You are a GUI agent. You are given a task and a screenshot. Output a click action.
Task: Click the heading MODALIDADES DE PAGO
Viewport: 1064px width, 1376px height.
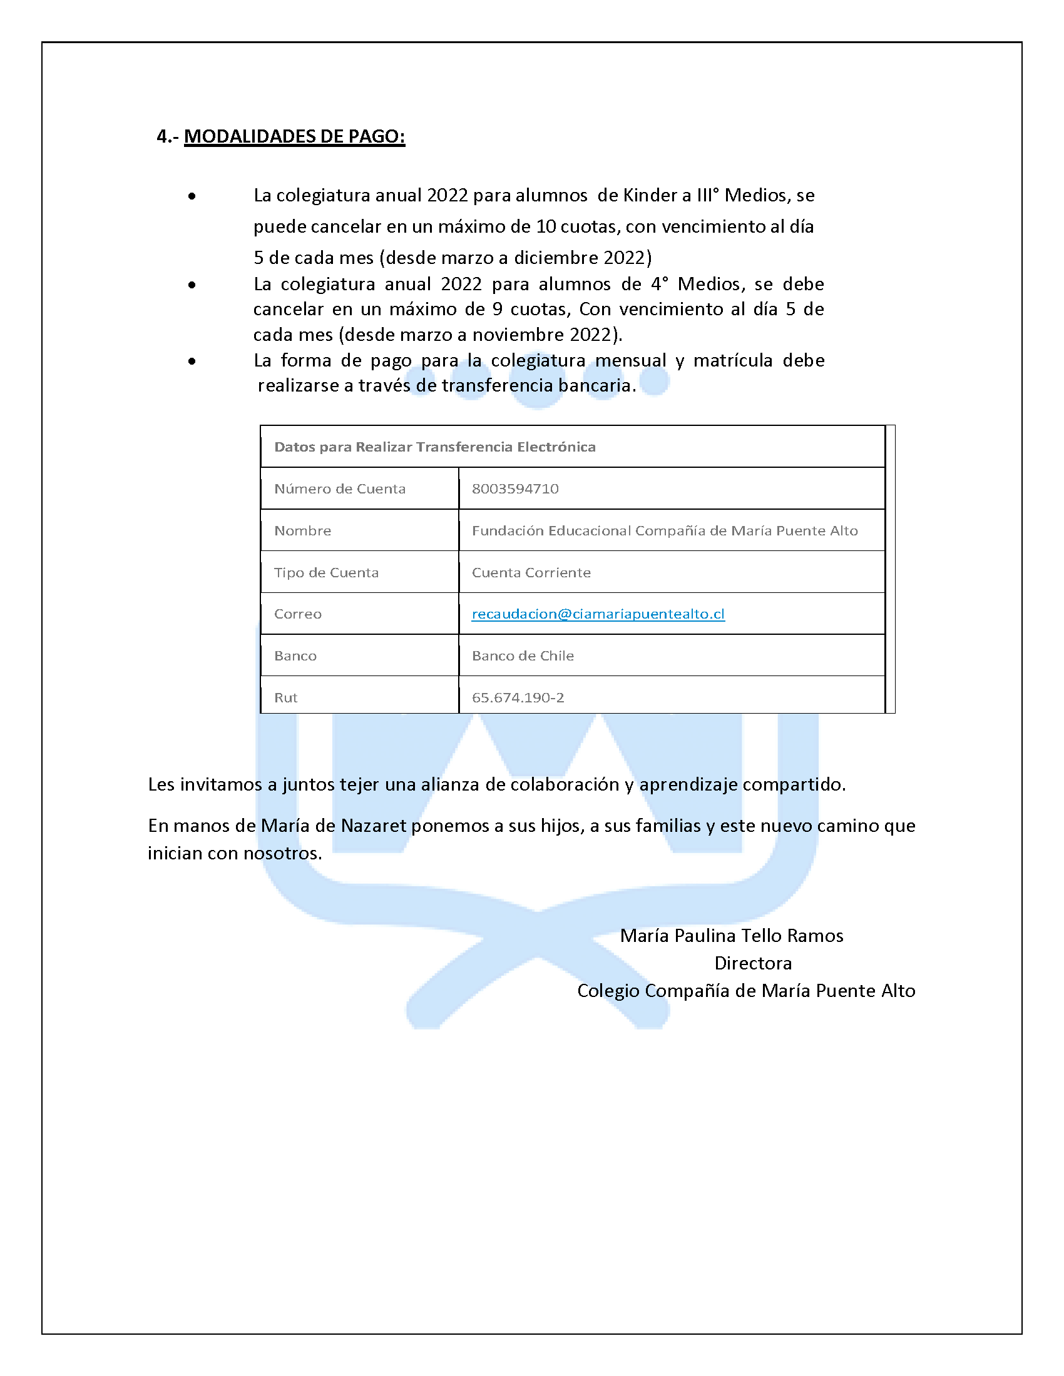pyautogui.click(x=294, y=136)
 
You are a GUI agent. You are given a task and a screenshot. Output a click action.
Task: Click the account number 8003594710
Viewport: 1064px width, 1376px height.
pyautogui.click(x=515, y=488)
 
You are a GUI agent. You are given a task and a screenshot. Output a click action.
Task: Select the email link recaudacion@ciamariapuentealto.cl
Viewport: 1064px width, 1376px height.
pyautogui.click(x=598, y=614)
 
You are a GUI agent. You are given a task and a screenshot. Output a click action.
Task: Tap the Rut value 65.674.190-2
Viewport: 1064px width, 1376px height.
pyautogui.click(x=518, y=697)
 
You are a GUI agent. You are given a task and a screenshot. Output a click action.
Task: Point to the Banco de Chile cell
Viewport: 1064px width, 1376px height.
pyautogui.click(x=523, y=656)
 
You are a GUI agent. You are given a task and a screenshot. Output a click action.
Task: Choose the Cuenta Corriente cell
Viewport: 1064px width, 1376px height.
pyautogui.click(x=531, y=572)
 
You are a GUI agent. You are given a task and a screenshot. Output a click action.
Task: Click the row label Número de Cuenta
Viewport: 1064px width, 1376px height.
pyautogui.click(x=340, y=488)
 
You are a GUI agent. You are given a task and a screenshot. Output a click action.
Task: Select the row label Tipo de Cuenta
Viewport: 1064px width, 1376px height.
pyautogui.click(x=327, y=572)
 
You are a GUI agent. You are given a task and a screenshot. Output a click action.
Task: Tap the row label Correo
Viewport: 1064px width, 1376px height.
pyautogui.click(x=297, y=614)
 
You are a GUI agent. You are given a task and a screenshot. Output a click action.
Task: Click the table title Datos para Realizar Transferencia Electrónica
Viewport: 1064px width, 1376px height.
pyautogui.click(x=435, y=447)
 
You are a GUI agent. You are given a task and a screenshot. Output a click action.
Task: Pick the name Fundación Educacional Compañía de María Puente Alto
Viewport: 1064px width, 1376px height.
pyautogui.click(x=665, y=530)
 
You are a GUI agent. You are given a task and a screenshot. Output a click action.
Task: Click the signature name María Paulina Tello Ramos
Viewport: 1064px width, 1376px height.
pyautogui.click(x=731, y=936)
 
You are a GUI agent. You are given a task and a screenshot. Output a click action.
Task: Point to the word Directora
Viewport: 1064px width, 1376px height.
pyautogui.click(x=752, y=963)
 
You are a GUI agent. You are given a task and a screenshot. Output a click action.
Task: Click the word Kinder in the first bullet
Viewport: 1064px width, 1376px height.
pyautogui.click(x=648, y=195)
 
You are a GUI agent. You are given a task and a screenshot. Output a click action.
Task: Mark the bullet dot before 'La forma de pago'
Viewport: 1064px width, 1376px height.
pyautogui.click(x=192, y=361)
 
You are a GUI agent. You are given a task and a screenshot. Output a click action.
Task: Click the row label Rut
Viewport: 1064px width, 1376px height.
pyautogui.click(x=285, y=697)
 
